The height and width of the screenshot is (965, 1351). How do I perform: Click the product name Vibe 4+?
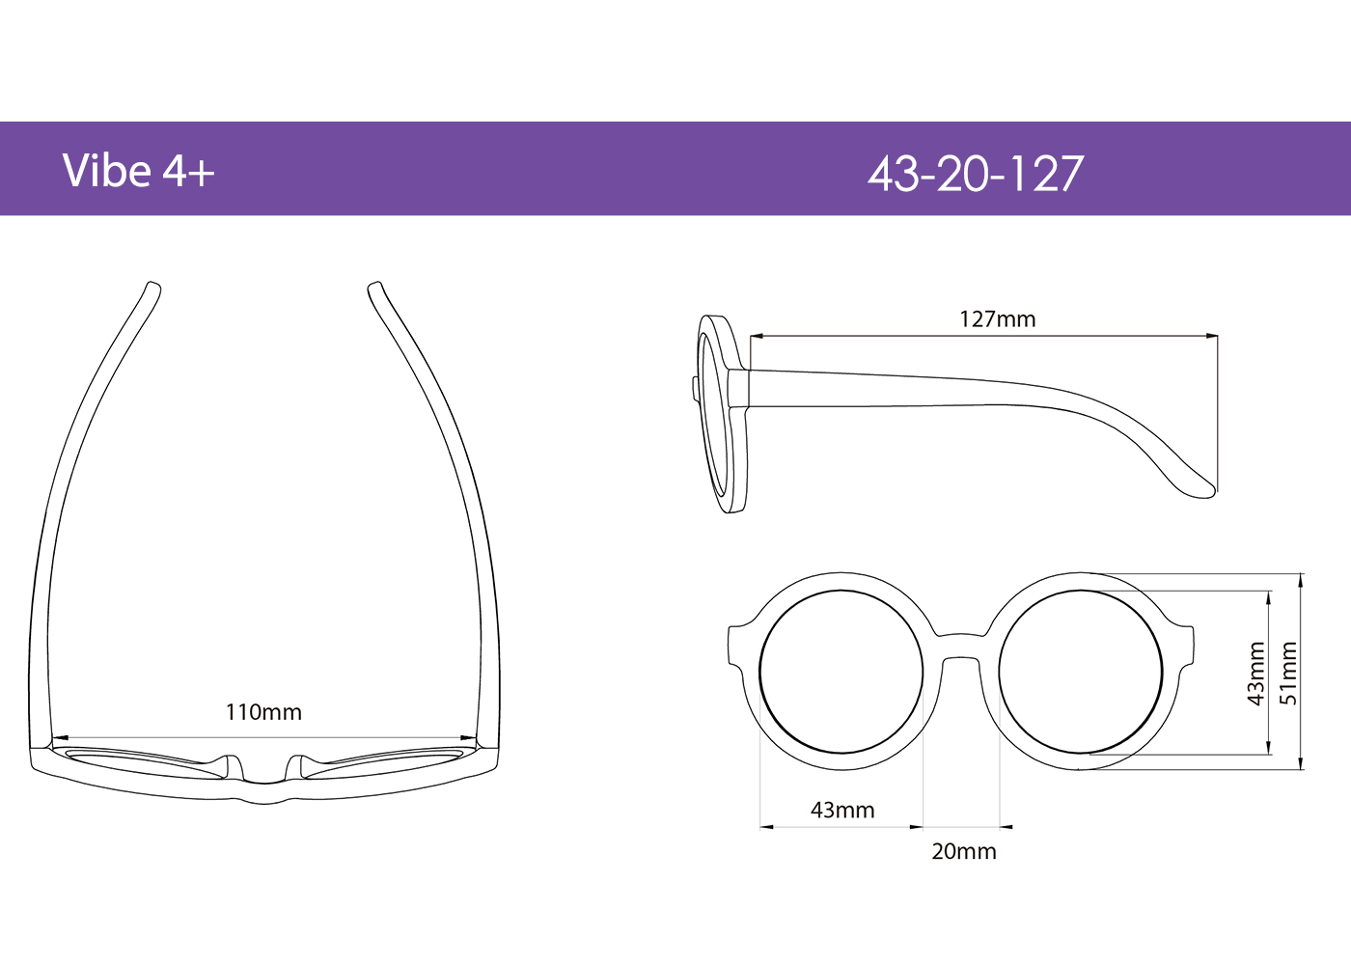[x=138, y=171]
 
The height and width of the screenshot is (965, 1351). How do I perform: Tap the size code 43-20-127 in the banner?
[x=975, y=175]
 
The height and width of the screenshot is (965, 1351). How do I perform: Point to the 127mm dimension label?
[x=997, y=319]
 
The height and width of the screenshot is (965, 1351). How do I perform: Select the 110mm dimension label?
[x=263, y=712]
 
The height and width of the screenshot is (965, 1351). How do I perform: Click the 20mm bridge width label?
[x=963, y=851]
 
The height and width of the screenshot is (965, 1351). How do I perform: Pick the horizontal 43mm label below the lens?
[x=842, y=810]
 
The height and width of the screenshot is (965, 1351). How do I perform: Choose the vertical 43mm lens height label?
[x=1255, y=673]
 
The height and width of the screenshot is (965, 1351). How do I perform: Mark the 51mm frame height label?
[x=1288, y=673]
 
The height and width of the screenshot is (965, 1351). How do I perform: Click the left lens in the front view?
[x=841, y=673]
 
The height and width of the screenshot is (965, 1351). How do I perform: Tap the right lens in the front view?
[x=1081, y=673]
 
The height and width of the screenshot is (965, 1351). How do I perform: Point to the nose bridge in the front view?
[x=960, y=647]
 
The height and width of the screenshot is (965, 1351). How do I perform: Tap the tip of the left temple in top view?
[x=152, y=288]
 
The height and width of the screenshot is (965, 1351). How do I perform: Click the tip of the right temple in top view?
[x=375, y=288]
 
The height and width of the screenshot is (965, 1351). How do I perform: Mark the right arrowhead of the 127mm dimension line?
[x=1213, y=337]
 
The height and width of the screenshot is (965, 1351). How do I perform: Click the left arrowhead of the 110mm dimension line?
[x=56, y=739]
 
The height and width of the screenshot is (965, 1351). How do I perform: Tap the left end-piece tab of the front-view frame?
[x=735, y=645]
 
